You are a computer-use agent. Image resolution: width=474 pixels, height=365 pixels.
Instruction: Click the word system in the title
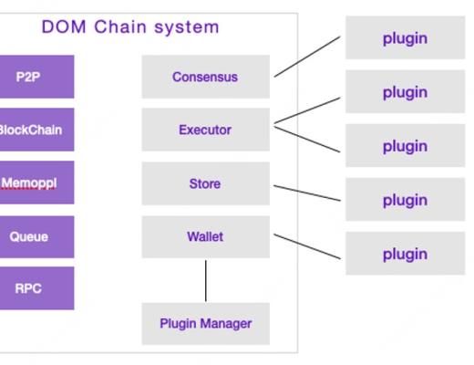[187, 26]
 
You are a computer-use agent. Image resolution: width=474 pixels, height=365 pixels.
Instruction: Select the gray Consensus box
[205, 77]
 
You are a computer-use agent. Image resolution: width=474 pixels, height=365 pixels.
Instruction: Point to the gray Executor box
[205, 130]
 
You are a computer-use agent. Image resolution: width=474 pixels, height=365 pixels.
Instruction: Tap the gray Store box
[205, 183]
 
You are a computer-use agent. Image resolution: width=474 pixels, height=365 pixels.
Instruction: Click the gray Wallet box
[205, 236]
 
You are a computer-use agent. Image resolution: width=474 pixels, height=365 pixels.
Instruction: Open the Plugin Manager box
[205, 323]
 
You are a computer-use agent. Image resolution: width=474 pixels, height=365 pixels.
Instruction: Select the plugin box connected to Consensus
[405, 38]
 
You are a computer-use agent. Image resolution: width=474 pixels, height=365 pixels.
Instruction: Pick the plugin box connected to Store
[405, 200]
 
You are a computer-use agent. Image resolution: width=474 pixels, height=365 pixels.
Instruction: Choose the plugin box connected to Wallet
[405, 254]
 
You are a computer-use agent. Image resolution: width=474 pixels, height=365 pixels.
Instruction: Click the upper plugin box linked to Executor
[405, 92]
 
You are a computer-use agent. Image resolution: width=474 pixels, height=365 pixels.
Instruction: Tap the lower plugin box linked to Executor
[405, 146]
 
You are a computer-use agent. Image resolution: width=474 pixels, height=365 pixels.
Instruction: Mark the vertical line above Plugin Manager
[205, 280]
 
